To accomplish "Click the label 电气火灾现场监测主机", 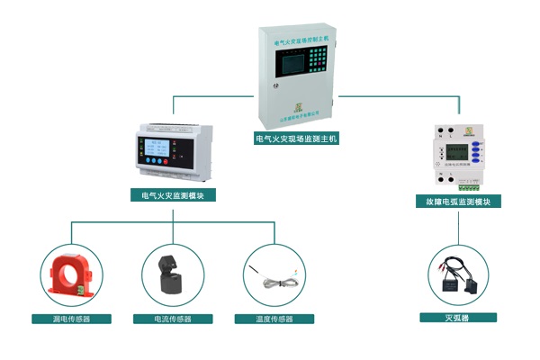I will (x=296, y=139).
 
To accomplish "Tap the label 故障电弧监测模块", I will (x=458, y=202).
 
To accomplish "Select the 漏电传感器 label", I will (x=71, y=319).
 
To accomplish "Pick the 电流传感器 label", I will (x=173, y=319).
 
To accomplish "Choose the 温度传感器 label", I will (x=275, y=319).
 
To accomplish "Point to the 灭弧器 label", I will (x=458, y=318).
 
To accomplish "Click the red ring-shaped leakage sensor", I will (x=70, y=275).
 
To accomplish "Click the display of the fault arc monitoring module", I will (x=458, y=151).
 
